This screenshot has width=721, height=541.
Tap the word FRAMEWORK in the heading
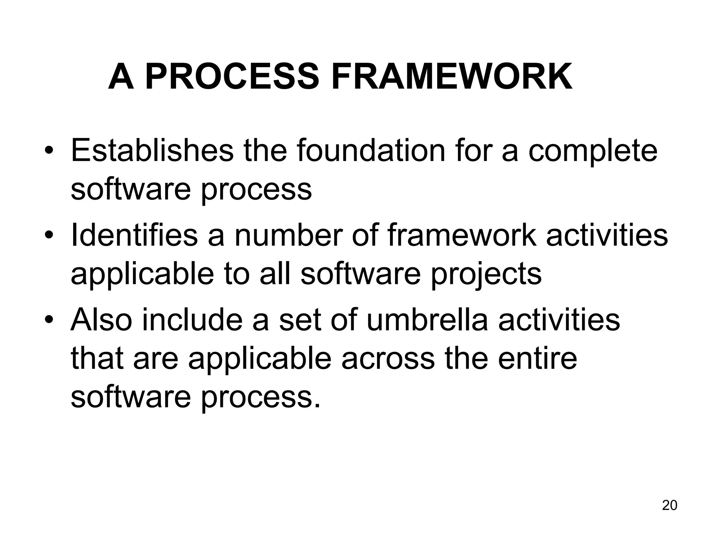click(452, 77)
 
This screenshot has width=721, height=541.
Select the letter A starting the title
click(121, 77)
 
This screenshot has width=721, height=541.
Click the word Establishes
click(152, 151)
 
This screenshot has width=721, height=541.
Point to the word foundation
click(371, 151)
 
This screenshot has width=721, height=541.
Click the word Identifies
click(134, 235)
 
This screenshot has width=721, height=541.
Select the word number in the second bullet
click(288, 235)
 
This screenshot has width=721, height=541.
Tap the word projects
click(486, 275)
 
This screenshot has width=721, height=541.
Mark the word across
click(388, 359)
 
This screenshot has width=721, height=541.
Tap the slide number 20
click(669, 505)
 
